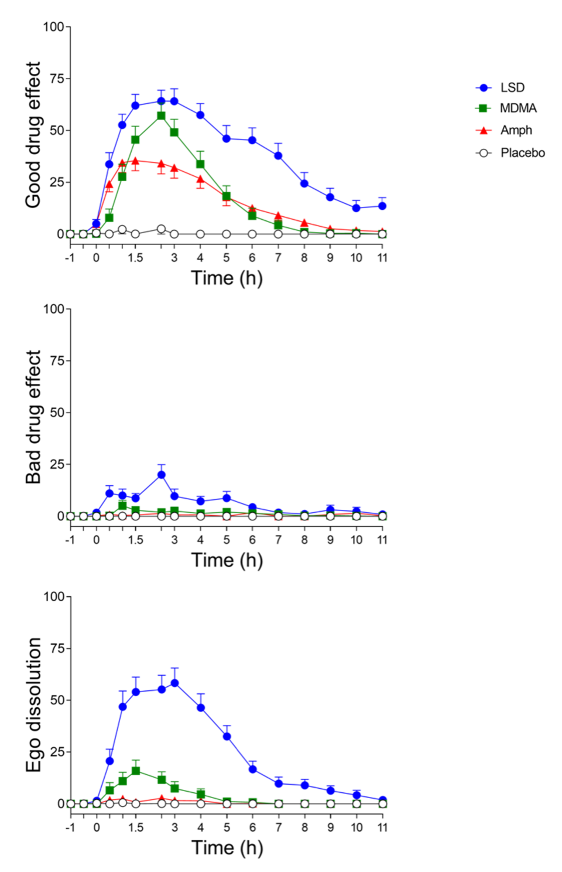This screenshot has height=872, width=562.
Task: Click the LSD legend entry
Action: point(512,87)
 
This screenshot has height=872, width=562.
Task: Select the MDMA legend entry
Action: point(518,108)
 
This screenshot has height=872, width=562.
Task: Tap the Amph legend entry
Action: point(516,130)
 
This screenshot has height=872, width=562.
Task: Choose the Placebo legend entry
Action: point(522,153)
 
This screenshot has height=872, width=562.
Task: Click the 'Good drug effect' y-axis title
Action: point(33,135)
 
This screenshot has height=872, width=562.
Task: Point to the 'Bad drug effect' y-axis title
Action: point(33,417)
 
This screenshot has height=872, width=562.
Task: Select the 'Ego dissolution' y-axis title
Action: point(34,705)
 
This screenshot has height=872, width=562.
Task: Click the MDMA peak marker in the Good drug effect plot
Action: point(161,115)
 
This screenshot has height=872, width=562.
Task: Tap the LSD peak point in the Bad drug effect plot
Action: point(161,475)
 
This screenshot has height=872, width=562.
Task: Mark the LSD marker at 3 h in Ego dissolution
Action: point(174,683)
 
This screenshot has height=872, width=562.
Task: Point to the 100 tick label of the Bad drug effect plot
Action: point(53,309)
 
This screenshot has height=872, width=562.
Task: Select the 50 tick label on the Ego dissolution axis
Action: point(56,700)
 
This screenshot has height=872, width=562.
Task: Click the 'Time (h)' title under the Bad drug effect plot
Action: point(227,560)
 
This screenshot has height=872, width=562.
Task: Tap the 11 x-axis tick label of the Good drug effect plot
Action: point(382,258)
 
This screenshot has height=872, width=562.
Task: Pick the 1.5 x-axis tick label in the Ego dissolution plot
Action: point(136,827)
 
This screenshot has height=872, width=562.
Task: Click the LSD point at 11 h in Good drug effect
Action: point(382,206)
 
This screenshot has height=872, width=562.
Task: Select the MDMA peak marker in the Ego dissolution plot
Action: point(136,771)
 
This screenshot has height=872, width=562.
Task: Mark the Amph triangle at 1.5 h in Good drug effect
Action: point(135,161)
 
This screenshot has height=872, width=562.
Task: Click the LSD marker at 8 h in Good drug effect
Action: point(304,183)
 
